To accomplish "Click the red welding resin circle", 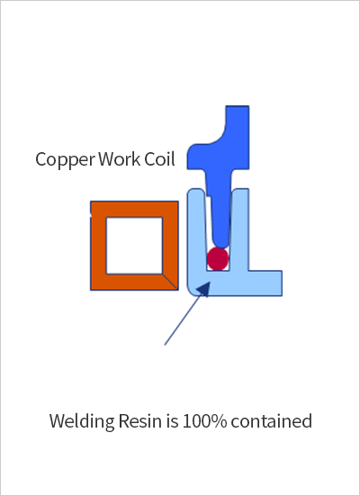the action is [x=218, y=258].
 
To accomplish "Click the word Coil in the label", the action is [x=160, y=158].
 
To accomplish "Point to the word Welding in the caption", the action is [x=82, y=422].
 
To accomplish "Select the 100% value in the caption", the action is [x=204, y=421].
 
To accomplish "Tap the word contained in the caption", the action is [x=272, y=421].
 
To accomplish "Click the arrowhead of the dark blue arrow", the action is [x=204, y=289].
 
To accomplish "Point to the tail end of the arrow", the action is [x=165, y=345].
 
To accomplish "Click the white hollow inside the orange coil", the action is [x=134, y=246].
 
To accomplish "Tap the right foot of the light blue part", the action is [x=265, y=284].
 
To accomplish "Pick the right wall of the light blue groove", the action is [x=239, y=230].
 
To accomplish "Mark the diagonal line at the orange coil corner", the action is [x=170, y=282].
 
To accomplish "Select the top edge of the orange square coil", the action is [x=134, y=209].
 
